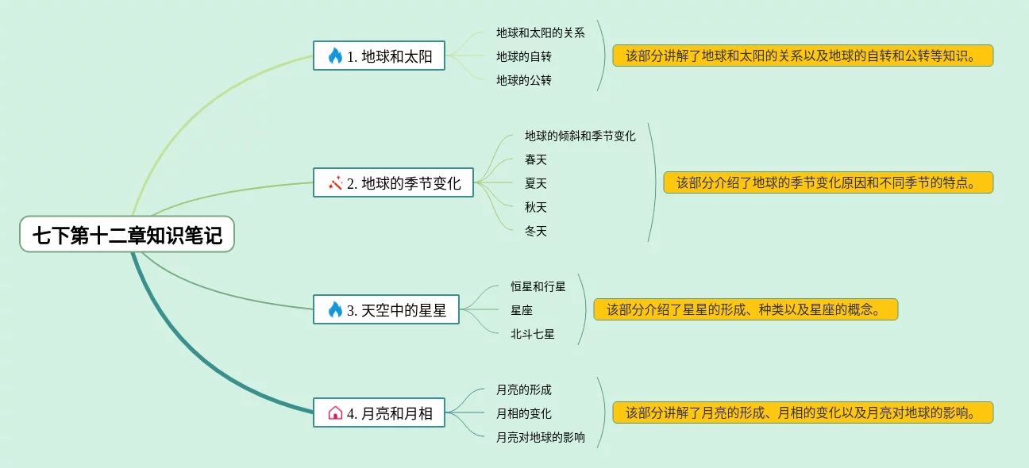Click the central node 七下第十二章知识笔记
click(x=127, y=235)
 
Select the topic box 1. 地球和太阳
click(x=379, y=56)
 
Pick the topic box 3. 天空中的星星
click(x=386, y=310)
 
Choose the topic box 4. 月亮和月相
click(x=379, y=412)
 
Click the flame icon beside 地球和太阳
click(x=335, y=56)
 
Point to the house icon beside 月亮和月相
click(x=335, y=412)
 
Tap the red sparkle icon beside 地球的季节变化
click(x=335, y=183)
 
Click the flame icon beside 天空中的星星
click(x=335, y=310)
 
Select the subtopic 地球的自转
click(x=524, y=56)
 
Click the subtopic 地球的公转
click(x=524, y=80)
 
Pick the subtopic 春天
click(x=536, y=159)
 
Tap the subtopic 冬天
click(x=536, y=231)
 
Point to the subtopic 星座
click(x=522, y=310)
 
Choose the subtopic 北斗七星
click(x=533, y=334)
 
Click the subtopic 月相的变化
click(x=524, y=413)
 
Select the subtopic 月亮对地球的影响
click(x=541, y=437)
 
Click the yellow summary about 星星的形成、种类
click(x=746, y=309)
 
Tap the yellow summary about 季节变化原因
click(x=828, y=182)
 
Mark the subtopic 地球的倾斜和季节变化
click(x=580, y=136)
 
